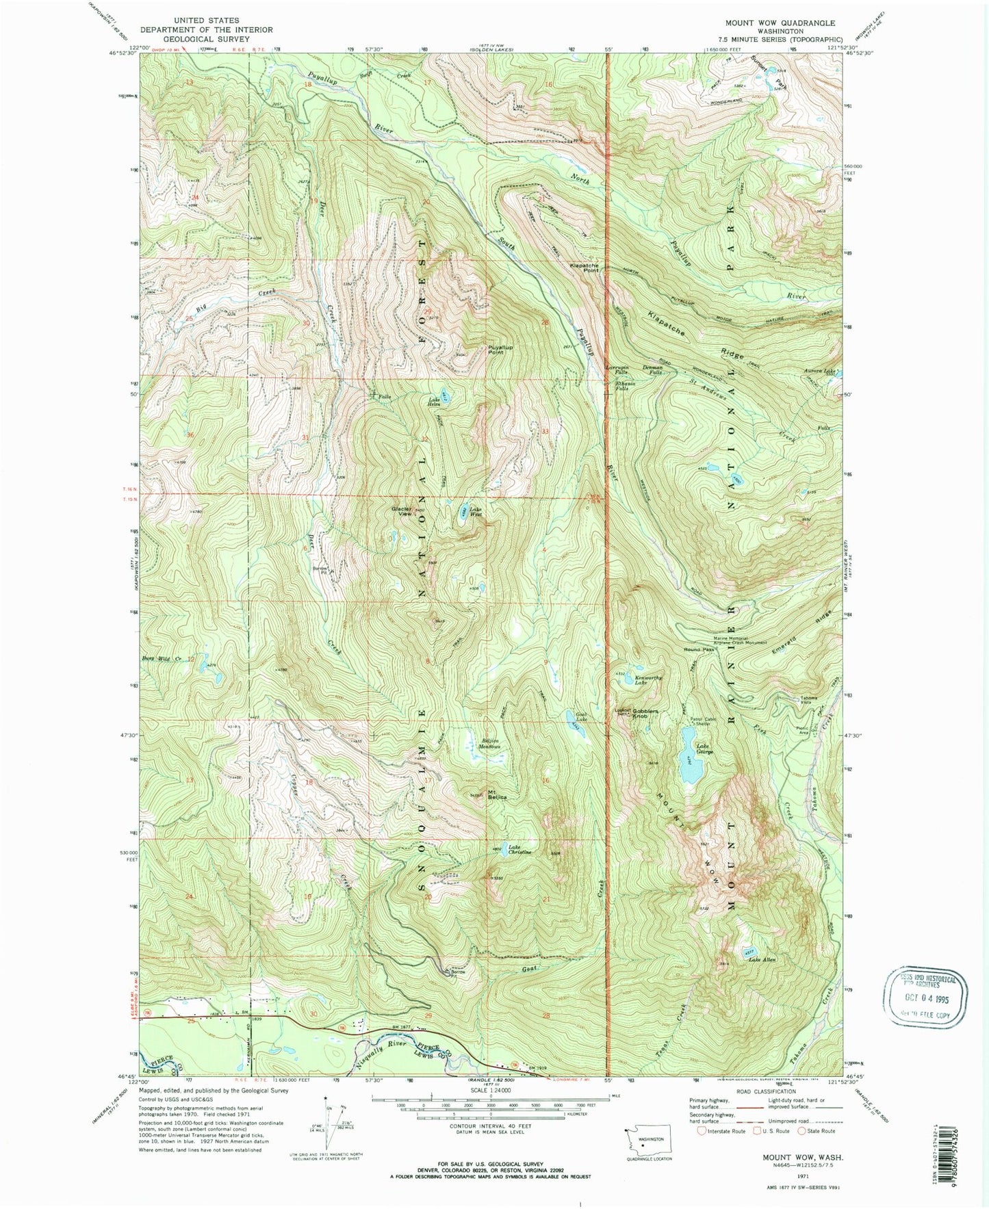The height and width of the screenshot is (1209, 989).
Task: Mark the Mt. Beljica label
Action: pyautogui.click(x=497, y=796)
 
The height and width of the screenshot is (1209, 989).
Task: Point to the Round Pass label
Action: pyautogui.click(x=699, y=649)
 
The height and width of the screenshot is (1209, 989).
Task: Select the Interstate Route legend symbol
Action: pyautogui.click(x=701, y=1130)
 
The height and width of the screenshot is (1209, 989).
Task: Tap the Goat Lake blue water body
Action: pyautogui.click(x=570, y=716)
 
